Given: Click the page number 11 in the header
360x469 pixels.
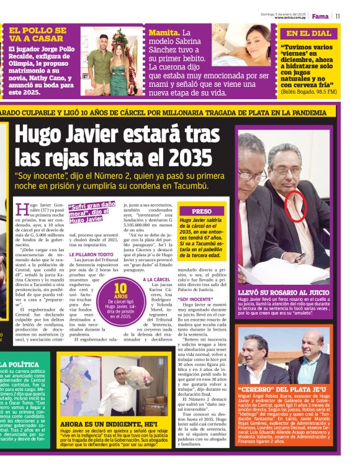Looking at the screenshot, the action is (338, 16).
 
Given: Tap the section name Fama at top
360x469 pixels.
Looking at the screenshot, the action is (320, 16).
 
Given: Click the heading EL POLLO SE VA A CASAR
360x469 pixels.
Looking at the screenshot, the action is (38, 34).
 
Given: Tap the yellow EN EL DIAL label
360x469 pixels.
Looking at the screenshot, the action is (308, 33).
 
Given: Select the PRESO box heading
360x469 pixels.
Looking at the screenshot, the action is (201, 211).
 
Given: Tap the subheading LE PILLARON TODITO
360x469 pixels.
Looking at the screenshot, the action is (91, 254).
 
